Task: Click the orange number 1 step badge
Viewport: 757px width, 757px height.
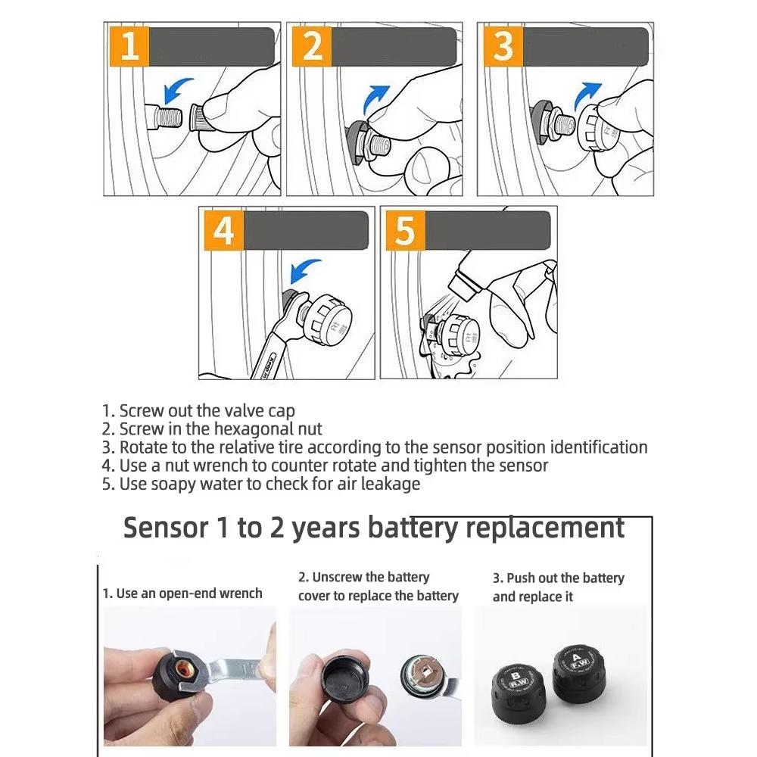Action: point(129,46)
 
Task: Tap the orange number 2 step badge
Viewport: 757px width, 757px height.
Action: point(311,46)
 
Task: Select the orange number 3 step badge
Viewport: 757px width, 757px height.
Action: point(503,46)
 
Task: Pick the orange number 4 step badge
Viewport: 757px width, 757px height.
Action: point(223,230)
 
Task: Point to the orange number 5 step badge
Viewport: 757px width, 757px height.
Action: point(405,230)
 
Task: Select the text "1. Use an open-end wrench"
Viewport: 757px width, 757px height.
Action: point(182,593)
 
